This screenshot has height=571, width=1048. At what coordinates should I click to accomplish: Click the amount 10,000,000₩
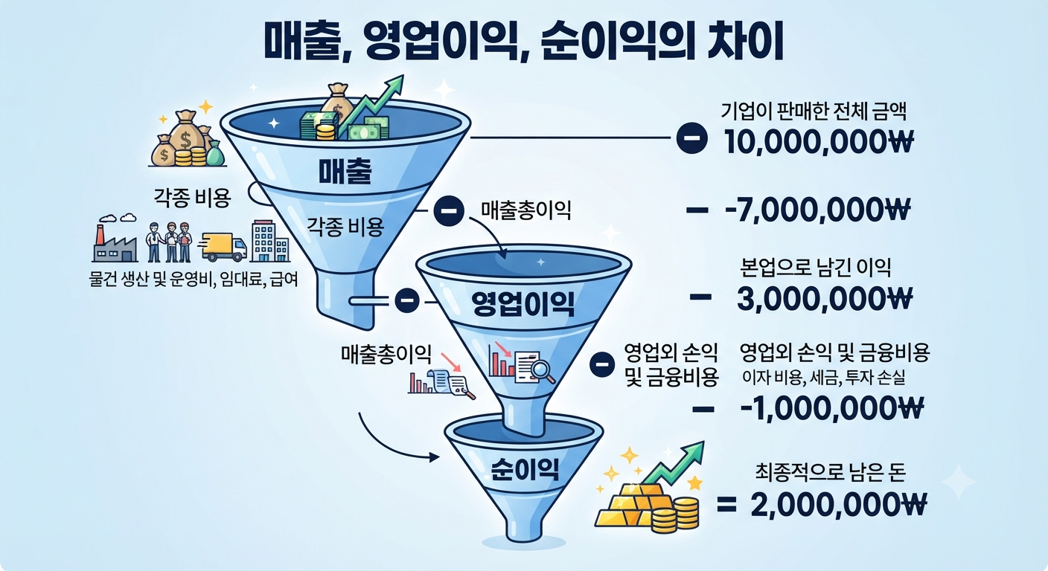click(818, 141)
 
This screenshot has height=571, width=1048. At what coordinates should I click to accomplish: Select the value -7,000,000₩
click(818, 210)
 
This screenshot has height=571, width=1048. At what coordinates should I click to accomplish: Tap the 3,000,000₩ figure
click(825, 299)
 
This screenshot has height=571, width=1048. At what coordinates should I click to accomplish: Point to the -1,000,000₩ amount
click(832, 408)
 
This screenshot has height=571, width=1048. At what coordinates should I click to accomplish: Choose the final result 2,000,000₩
click(839, 504)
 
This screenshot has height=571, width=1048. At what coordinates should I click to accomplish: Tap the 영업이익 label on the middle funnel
click(523, 304)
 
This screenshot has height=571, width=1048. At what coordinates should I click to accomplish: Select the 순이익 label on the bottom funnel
click(525, 468)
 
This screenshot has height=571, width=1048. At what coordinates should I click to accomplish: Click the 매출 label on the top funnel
click(345, 171)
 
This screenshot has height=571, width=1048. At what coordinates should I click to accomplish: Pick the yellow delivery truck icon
click(223, 247)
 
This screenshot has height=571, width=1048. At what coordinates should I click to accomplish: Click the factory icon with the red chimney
click(115, 243)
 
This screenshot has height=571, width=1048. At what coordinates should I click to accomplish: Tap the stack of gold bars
click(629, 506)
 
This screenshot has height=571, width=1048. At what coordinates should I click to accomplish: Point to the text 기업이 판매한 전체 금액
click(814, 112)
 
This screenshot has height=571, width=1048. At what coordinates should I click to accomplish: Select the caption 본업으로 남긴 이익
click(816, 267)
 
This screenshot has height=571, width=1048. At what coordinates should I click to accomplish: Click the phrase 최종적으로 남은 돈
click(831, 472)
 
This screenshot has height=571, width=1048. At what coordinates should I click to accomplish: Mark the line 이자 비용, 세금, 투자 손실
click(823, 377)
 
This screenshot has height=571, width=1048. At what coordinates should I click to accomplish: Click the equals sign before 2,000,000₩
click(726, 505)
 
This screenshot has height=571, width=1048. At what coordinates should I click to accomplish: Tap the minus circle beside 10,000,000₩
click(692, 138)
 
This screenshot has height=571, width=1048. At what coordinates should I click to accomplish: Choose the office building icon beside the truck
click(270, 241)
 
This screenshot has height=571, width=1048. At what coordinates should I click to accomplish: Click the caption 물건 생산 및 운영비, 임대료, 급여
click(194, 280)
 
